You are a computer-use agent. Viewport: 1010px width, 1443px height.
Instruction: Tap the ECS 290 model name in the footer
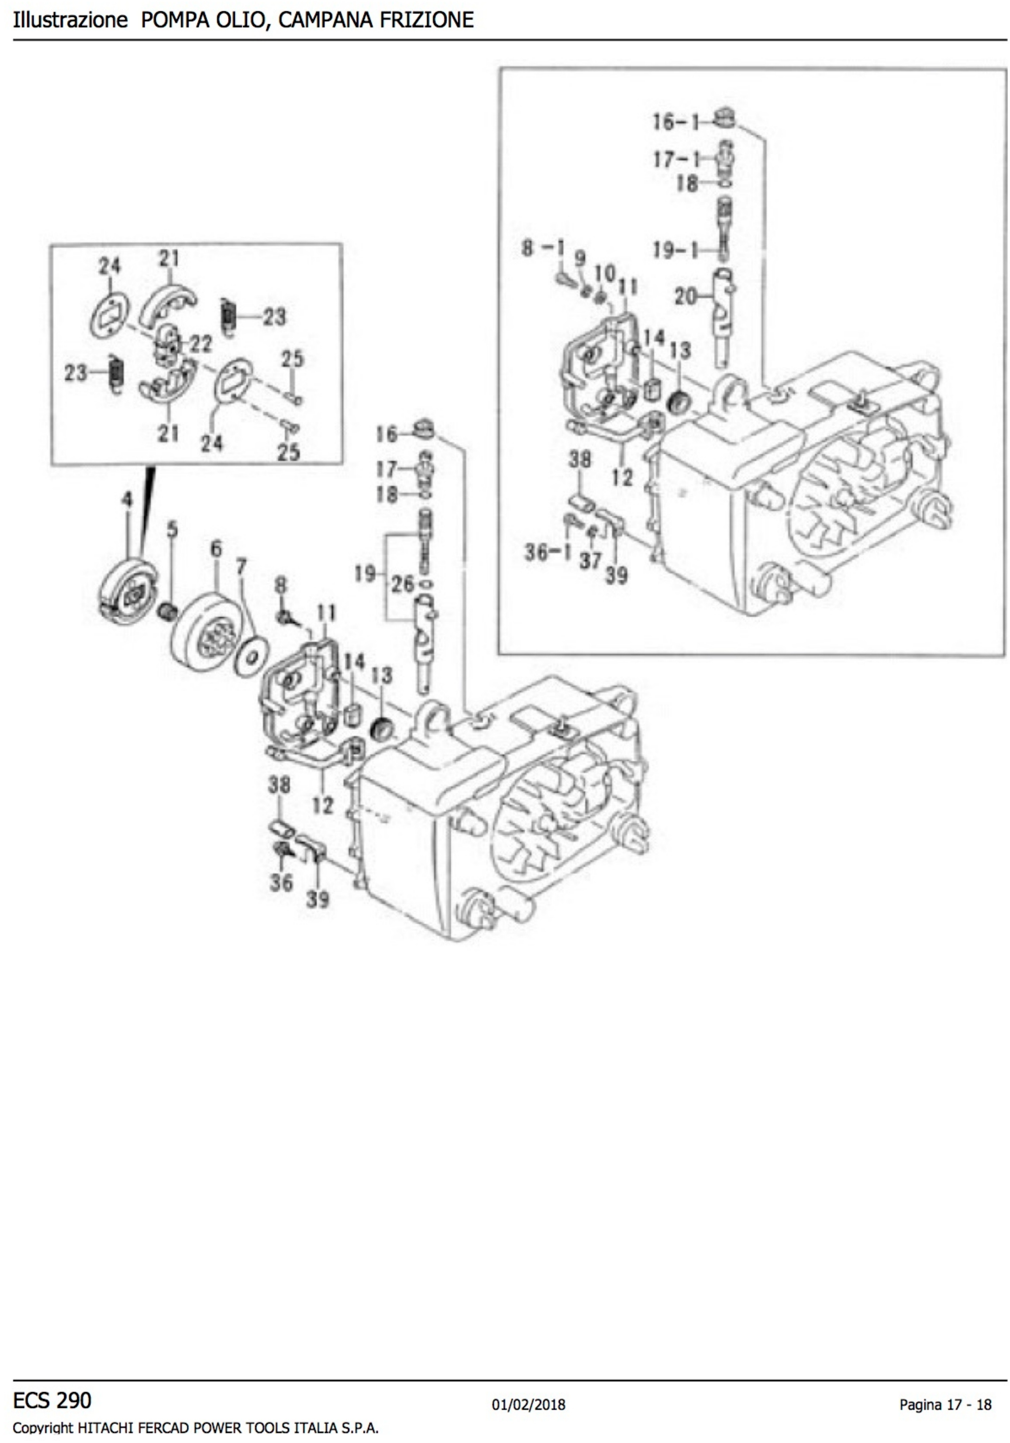(x=52, y=1400)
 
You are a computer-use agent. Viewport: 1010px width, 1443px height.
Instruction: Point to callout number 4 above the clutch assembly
(x=128, y=500)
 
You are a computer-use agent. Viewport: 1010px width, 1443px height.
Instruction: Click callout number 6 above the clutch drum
(x=215, y=549)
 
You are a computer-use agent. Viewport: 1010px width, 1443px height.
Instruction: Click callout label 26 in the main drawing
(x=403, y=584)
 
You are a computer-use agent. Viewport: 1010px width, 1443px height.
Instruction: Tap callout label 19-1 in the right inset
(x=675, y=250)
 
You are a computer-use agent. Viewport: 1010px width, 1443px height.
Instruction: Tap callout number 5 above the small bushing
(x=171, y=530)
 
